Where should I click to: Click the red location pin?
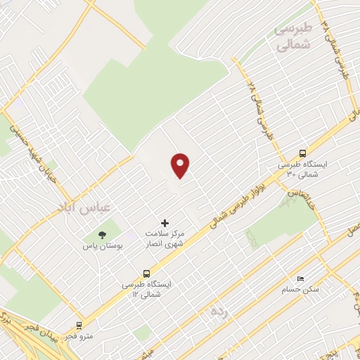181,165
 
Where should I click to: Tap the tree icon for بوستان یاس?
103,234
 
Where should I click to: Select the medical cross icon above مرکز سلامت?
165,223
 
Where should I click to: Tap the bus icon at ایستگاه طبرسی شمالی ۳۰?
302,153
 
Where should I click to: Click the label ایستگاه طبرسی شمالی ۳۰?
298,169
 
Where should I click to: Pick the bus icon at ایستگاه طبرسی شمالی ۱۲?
146,273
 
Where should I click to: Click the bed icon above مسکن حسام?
301,278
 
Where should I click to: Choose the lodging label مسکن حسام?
300,289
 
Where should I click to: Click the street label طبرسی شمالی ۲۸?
255,105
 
